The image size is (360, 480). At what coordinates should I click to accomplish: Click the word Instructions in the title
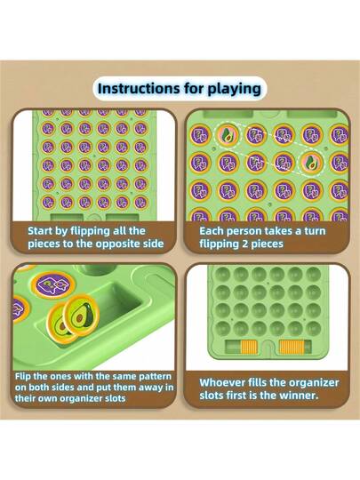click(139, 89)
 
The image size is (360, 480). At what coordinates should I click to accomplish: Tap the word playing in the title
click(235, 89)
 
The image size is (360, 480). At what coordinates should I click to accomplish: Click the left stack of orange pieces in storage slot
click(248, 347)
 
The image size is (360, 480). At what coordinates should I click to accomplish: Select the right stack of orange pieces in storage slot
click(292, 348)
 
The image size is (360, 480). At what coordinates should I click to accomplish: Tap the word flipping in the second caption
click(216, 244)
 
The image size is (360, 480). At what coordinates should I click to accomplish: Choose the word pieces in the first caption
click(44, 244)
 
